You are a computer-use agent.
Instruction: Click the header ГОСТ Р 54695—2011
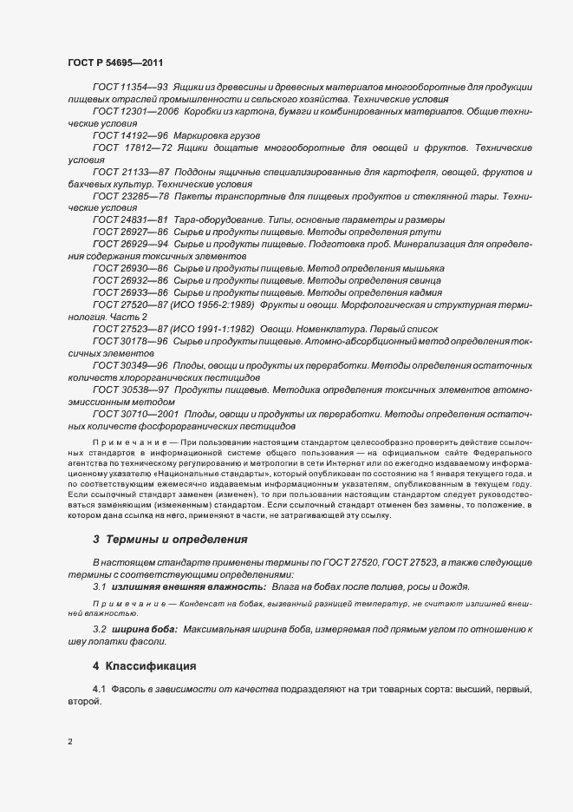pyautogui.click(x=114, y=63)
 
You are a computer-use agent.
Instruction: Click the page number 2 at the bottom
pyautogui.click(x=70, y=741)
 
